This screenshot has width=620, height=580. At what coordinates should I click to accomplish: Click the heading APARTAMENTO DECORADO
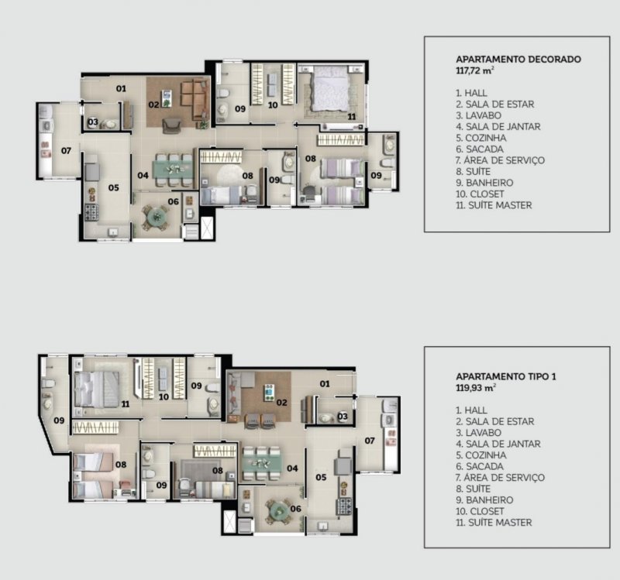(518, 60)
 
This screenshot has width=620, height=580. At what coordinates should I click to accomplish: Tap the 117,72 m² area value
(475, 70)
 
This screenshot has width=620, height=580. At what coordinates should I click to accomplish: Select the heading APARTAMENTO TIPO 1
(506, 376)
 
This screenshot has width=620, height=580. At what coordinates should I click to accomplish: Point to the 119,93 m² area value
(476, 388)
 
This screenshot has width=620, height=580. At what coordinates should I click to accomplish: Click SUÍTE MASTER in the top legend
(500, 205)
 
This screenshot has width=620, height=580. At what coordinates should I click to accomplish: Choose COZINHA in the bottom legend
(486, 455)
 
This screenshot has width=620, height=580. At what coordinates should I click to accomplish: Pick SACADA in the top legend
(484, 149)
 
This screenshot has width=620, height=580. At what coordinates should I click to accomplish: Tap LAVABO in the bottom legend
(483, 433)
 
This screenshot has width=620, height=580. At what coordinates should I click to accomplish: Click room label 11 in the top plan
(352, 117)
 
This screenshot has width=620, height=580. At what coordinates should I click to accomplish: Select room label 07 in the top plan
(66, 150)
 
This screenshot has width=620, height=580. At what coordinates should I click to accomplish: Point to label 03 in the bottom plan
(343, 416)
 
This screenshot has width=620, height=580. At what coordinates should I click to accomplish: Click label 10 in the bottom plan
(164, 397)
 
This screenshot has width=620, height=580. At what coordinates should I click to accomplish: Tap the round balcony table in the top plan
(157, 216)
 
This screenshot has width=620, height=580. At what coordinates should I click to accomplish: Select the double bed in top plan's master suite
(331, 90)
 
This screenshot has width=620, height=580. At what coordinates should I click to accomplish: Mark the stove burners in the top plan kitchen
(91, 212)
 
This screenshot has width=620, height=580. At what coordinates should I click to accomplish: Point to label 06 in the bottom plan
(296, 509)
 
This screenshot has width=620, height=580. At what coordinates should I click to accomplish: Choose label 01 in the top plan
(121, 88)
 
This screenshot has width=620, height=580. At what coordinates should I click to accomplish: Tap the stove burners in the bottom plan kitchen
(343, 506)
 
